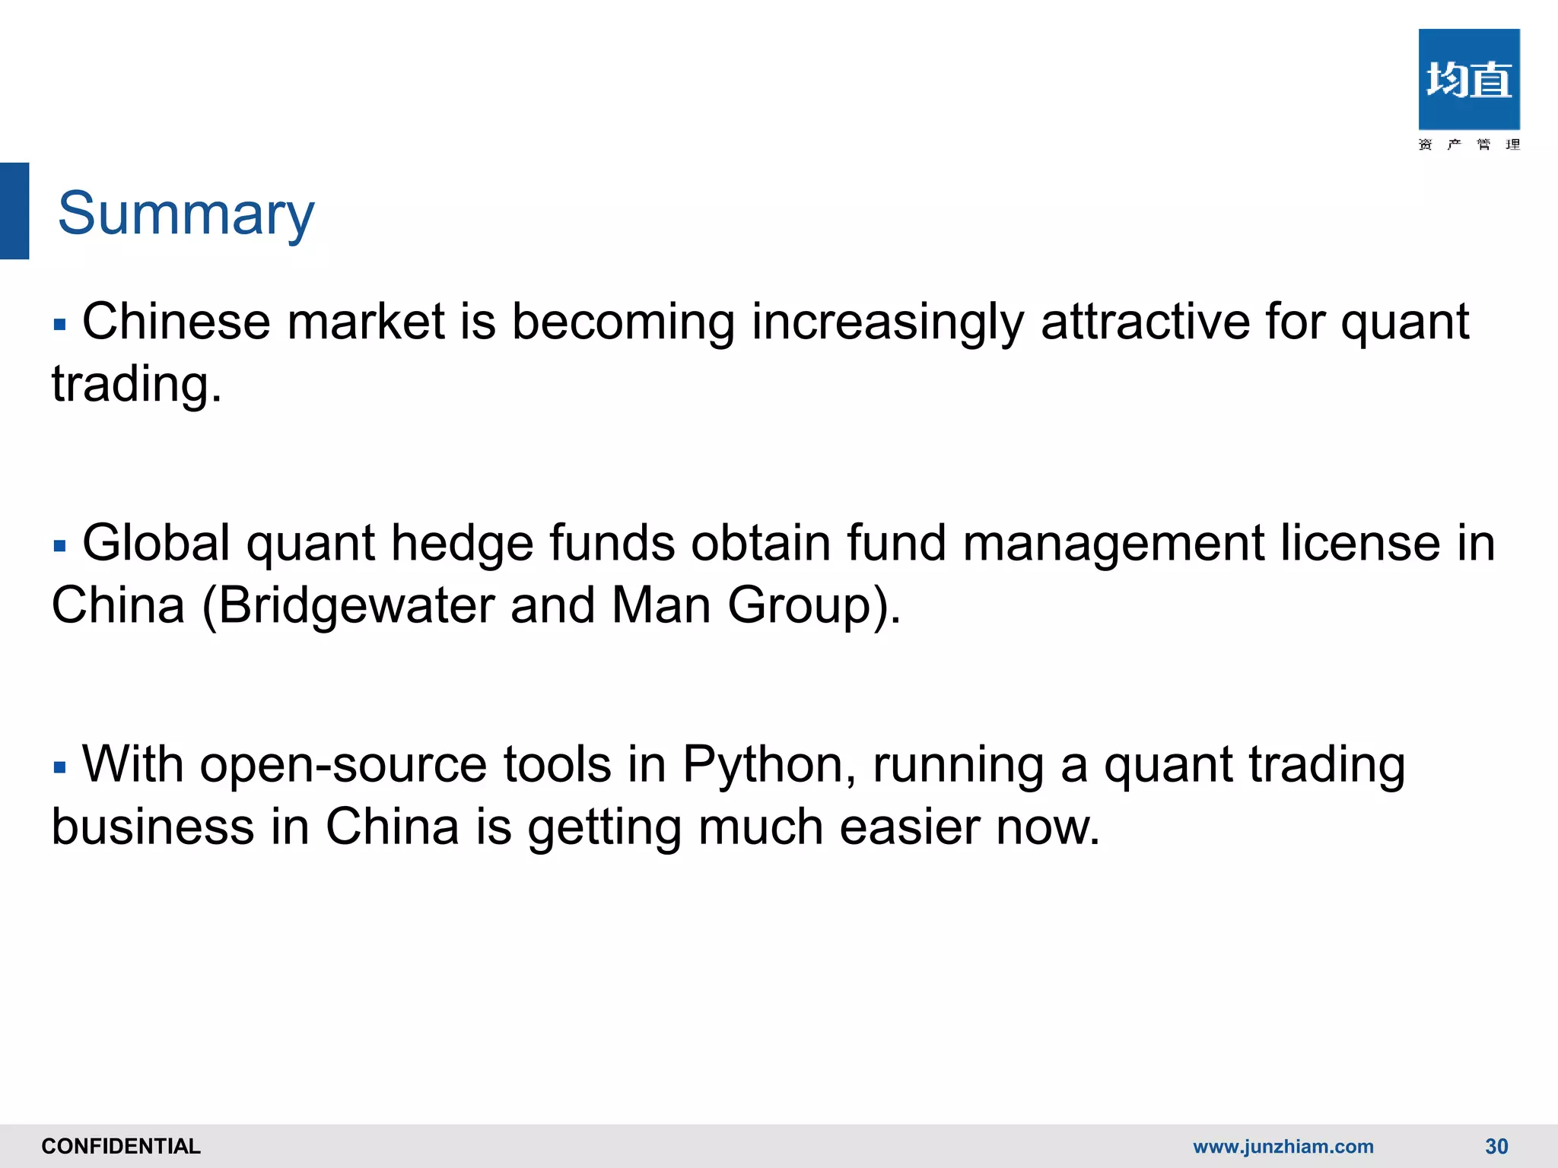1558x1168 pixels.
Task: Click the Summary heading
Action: [x=186, y=214]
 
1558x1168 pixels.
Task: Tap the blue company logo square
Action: [x=1468, y=79]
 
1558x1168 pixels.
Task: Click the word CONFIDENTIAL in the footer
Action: [x=121, y=1146]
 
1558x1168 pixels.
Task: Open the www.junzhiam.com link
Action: [x=1283, y=1146]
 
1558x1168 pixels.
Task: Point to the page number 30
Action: [x=1496, y=1146]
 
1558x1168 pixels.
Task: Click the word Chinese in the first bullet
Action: [x=176, y=321]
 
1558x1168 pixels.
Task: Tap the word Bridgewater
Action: [x=357, y=605]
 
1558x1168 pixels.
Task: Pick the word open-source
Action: [x=343, y=764]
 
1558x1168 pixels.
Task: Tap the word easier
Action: [x=909, y=827]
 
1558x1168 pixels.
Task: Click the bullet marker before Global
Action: [x=60, y=546]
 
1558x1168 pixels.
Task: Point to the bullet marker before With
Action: [x=60, y=767]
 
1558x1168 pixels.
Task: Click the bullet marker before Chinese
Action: [x=60, y=325]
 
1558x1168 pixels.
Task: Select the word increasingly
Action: [x=887, y=322]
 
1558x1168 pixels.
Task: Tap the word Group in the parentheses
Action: [x=799, y=605]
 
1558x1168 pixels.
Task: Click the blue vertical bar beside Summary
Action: [x=14, y=211]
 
